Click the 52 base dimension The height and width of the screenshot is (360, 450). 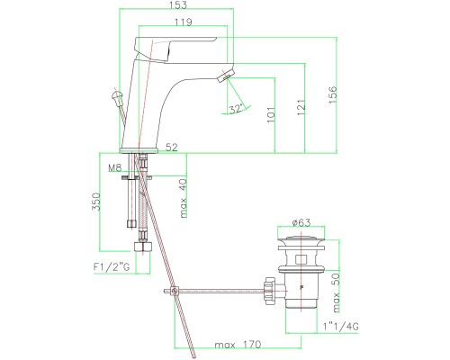tap(170, 147)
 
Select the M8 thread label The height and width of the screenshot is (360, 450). tap(114, 167)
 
